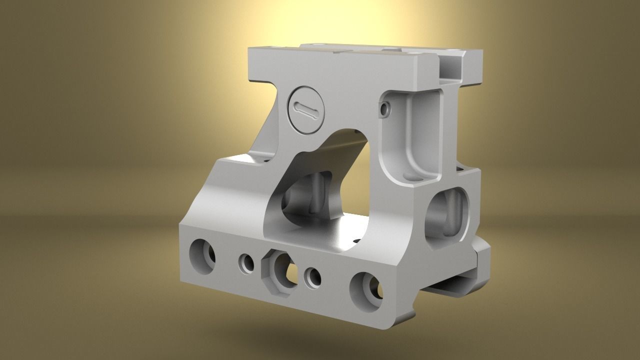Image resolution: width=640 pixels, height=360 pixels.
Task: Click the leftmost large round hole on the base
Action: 202,256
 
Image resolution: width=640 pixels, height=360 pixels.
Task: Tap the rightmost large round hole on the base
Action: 367,292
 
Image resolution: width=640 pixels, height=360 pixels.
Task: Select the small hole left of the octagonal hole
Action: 246,263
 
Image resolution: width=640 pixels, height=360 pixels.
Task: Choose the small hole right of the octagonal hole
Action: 313,277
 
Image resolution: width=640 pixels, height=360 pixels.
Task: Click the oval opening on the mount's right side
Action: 448,212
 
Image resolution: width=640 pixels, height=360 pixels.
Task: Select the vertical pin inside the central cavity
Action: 316,195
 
